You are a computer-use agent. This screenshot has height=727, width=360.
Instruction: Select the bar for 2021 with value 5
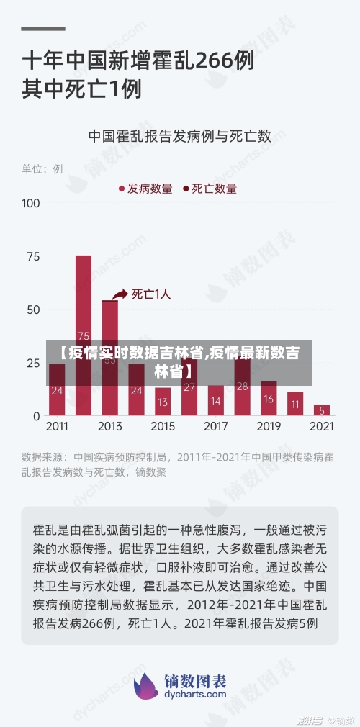(322, 410)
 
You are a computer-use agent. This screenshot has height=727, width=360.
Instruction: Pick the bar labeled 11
(295, 404)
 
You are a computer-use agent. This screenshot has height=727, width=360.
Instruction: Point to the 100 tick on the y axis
(31, 203)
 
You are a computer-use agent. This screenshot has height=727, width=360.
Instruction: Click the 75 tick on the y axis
(33, 256)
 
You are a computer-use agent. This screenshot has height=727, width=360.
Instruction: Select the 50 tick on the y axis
(33, 310)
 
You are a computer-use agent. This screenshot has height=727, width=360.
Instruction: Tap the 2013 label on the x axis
(109, 426)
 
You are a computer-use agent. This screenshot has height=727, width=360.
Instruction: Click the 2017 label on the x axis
(216, 426)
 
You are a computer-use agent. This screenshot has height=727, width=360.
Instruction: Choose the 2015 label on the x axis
(163, 426)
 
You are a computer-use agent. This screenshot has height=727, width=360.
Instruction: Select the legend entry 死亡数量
(213, 189)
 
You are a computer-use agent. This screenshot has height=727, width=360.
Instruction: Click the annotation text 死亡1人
(151, 294)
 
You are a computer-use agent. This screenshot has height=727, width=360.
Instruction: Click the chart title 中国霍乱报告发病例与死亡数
(179, 135)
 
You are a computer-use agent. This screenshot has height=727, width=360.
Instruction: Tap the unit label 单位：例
(42, 169)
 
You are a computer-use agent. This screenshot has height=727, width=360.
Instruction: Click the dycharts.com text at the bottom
(196, 695)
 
